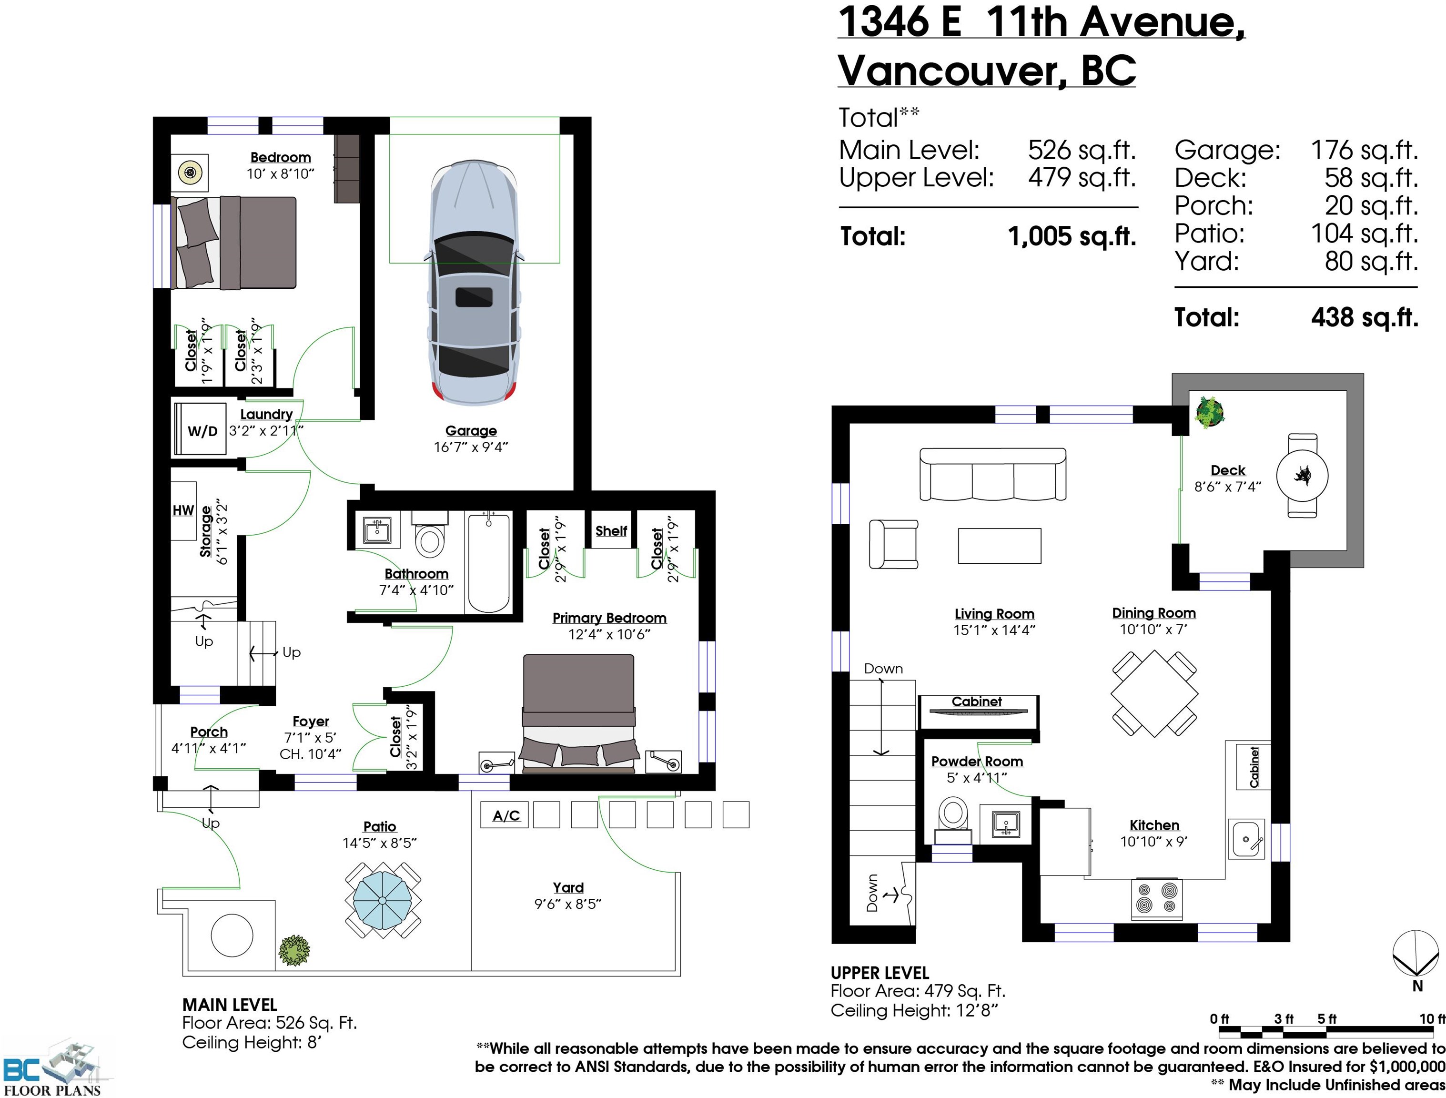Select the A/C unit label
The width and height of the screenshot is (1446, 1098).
click(506, 815)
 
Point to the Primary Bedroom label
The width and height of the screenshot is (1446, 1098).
click(609, 618)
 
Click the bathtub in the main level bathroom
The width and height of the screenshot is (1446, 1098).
click(489, 562)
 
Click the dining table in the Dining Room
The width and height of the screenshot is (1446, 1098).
click(1154, 693)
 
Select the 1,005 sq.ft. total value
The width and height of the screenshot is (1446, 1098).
click(1072, 236)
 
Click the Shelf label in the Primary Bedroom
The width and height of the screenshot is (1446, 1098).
click(611, 531)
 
